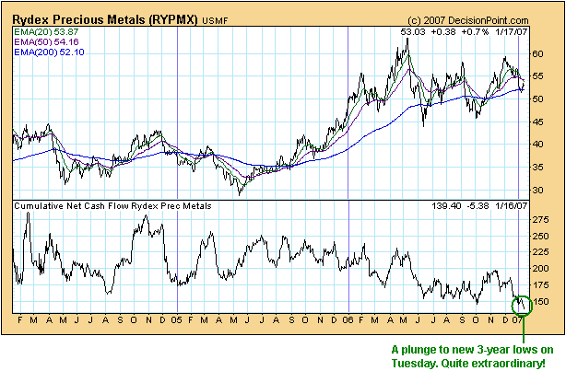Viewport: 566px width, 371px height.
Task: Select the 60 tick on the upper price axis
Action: tap(542, 54)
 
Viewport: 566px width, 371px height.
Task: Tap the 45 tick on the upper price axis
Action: tap(542, 122)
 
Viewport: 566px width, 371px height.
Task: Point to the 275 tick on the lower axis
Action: tap(545, 220)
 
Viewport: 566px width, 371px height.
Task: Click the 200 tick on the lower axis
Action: tap(545, 269)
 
